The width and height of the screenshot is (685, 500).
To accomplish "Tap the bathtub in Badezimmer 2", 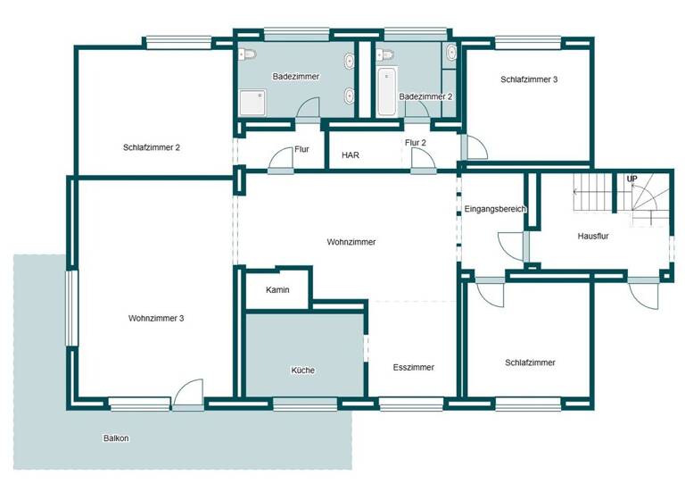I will tap(386, 92).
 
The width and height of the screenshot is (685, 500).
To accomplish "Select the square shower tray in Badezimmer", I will tap(252, 103).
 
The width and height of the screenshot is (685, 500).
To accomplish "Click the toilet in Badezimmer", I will tap(249, 54).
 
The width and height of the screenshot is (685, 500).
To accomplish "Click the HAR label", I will tap(351, 154).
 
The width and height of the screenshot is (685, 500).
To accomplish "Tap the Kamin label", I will tap(277, 290).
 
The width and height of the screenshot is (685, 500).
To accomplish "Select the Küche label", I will tap(302, 370).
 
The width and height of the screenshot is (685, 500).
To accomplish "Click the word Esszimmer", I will tap(413, 367).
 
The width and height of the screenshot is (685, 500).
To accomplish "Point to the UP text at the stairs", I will tap(631, 179).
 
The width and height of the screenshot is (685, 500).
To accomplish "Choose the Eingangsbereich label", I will tap(495, 209).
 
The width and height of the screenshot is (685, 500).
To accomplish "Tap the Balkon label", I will tap(115, 438).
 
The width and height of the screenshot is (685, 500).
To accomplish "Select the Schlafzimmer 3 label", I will tap(529, 79).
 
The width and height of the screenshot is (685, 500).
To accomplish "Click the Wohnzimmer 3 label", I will tap(156, 318).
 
